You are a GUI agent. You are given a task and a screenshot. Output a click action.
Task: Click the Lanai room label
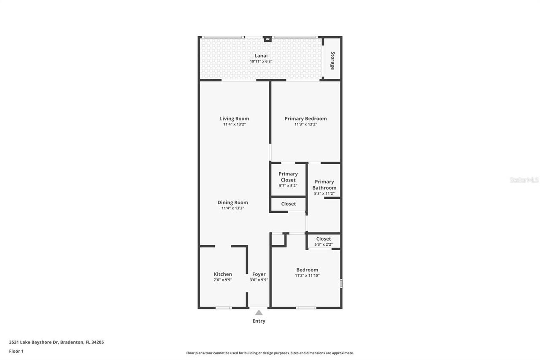pyautogui.click(x=261, y=56)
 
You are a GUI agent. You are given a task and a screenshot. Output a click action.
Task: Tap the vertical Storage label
pyautogui.click(x=332, y=60)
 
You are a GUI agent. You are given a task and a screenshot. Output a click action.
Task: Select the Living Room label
pyautogui.click(x=234, y=119)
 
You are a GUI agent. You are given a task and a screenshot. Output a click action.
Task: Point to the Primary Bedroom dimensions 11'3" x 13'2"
pyautogui.click(x=305, y=125)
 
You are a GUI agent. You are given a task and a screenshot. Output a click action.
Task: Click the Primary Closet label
pyautogui.click(x=288, y=177)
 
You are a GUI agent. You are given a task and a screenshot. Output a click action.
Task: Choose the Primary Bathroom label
pyautogui.click(x=324, y=185)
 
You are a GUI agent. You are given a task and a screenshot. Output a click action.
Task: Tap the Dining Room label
pyautogui.click(x=232, y=203)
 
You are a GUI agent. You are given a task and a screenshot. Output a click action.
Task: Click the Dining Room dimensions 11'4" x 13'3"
pyautogui.click(x=232, y=208)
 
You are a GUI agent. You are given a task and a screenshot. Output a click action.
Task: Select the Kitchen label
pyautogui.click(x=223, y=274)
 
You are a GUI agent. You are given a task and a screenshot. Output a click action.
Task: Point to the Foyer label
pyautogui.click(x=259, y=274)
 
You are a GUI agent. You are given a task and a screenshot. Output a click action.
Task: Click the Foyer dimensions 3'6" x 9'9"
pyautogui.click(x=259, y=280)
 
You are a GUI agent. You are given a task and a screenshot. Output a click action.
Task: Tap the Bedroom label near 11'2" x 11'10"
pyautogui.click(x=307, y=270)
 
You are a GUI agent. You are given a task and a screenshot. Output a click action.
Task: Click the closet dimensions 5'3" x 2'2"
pyautogui.click(x=324, y=244)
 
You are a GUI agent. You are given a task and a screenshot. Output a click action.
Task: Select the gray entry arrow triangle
pyautogui.click(x=259, y=313)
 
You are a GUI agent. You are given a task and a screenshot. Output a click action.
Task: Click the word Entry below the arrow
pyautogui.click(x=259, y=321)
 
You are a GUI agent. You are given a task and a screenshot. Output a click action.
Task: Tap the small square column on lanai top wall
pyautogui.click(x=267, y=39)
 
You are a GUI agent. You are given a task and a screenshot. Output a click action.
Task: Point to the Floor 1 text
pyautogui.click(x=16, y=351)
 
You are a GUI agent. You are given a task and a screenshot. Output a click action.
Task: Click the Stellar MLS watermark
pyautogui.click(x=524, y=180)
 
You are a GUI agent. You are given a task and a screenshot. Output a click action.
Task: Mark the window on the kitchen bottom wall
pyautogui.click(x=224, y=308)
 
